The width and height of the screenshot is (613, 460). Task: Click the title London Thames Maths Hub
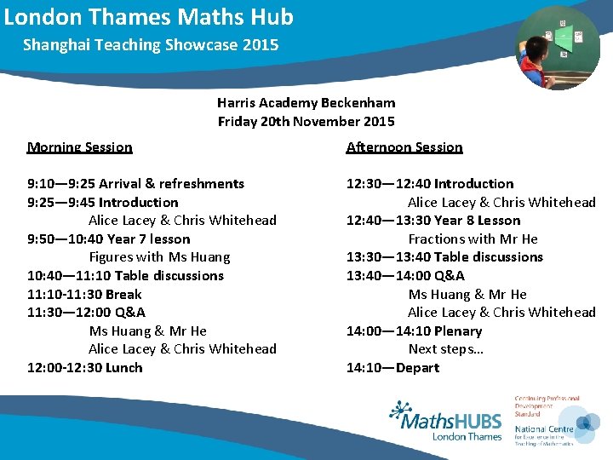pos(149,17)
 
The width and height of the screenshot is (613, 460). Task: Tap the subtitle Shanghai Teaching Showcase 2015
pos(151,44)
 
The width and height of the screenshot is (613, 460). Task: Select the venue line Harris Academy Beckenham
pos(306,102)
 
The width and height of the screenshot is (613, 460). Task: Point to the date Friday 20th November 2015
pos(306,121)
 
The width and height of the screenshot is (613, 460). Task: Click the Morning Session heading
pos(80,147)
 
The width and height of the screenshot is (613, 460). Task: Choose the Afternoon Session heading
pos(404,147)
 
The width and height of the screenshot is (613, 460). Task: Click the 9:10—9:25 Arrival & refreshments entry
pos(135,184)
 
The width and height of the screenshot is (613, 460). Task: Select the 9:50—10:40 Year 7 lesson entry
pos(109,239)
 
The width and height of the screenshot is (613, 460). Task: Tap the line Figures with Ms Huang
pos(159,257)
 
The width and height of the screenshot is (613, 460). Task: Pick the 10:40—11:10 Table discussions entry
pos(125,276)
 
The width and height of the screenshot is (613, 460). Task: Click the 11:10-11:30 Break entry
pos(84,294)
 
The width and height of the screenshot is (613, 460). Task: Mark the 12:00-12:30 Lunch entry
pos(84,368)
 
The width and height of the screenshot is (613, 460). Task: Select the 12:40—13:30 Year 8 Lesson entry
pos(433,221)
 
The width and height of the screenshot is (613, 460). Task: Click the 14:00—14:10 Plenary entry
pos(414,331)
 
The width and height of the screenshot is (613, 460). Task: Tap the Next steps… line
pos(446,349)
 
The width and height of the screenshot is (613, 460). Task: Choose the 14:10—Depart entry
pos(392,368)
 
